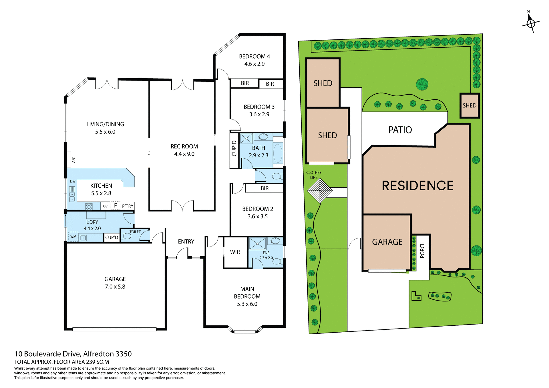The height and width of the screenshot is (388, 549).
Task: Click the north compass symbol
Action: [x=531, y=23]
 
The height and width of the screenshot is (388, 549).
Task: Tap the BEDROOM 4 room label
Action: [x=254, y=57]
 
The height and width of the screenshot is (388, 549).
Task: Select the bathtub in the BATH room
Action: [x=278, y=153]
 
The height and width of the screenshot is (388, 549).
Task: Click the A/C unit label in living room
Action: [x=73, y=159]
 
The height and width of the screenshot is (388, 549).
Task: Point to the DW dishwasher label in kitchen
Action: [x=73, y=181]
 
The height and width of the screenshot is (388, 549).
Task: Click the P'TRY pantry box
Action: [x=128, y=206]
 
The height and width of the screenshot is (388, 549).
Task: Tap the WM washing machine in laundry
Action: [x=73, y=237]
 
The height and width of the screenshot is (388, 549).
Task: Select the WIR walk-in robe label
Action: [x=235, y=252]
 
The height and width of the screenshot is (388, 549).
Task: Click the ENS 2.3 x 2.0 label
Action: [x=266, y=255]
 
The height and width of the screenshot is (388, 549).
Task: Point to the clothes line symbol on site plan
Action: [x=320, y=191]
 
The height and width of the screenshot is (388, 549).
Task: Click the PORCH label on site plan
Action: [x=422, y=249]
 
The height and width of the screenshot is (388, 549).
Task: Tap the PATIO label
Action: [x=400, y=130]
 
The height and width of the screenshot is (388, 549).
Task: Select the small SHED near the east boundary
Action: [x=470, y=105]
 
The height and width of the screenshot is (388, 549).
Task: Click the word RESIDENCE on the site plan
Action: [x=417, y=186]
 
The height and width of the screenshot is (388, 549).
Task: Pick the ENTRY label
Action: [x=186, y=242]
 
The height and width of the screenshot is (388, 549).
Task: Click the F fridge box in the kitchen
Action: [x=116, y=205]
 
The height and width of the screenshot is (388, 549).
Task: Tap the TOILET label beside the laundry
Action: [x=135, y=232]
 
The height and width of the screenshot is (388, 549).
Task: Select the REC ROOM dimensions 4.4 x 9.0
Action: [x=184, y=154]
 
